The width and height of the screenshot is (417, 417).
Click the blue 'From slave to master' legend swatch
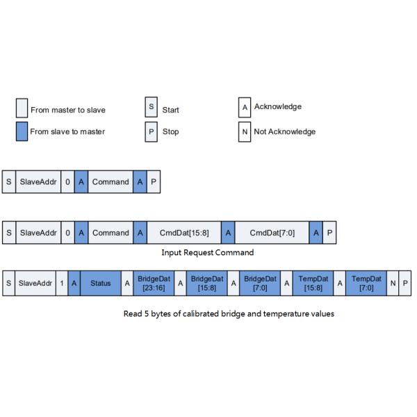(22, 131)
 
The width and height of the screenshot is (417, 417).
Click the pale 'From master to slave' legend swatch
(22, 109)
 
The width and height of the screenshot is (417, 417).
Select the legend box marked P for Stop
(152, 131)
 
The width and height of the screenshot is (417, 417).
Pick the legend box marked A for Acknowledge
(244, 108)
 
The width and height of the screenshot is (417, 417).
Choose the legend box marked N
(244, 131)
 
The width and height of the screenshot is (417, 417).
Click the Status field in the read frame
(100, 283)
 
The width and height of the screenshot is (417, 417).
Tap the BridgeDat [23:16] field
(154, 283)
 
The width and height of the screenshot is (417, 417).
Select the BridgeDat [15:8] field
(207, 283)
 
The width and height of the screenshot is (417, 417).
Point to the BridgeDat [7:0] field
(260, 283)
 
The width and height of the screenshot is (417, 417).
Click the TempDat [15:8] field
(313, 283)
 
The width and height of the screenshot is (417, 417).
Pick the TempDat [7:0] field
(366, 283)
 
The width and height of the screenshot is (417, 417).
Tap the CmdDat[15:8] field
(183, 232)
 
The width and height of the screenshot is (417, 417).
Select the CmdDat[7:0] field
(272, 232)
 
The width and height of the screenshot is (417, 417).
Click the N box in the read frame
(393, 283)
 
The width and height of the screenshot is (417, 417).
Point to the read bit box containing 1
(62, 283)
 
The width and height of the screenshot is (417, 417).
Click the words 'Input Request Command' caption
(207, 252)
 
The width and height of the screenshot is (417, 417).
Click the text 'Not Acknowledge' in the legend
(285, 131)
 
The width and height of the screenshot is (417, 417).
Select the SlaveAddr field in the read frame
(35, 283)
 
